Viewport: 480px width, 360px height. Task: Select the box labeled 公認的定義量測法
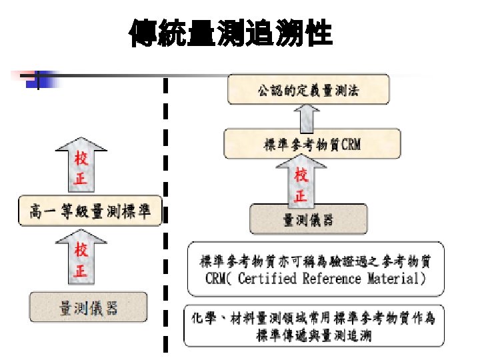(x=307, y=91)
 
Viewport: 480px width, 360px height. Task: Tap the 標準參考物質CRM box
(x=313, y=143)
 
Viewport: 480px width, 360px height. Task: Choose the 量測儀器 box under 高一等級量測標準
(x=89, y=307)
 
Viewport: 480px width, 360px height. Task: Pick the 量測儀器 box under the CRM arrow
(x=308, y=219)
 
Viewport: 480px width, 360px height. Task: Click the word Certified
(x=265, y=279)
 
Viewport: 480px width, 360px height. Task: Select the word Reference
(x=333, y=279)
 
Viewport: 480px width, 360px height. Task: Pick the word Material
(x=393, y=279)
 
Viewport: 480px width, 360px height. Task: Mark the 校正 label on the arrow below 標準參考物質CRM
(x=301, y=185)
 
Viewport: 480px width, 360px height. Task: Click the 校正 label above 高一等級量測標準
(x=81, y=170)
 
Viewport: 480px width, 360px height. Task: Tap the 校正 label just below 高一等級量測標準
(x=81, y=261)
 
